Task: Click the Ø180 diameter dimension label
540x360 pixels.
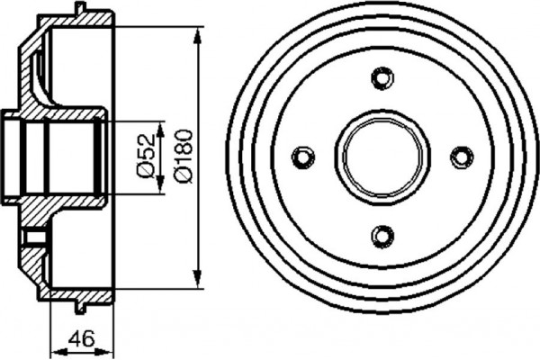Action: click(x=183, y=158)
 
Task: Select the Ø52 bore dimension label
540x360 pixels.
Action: click(x=144, y=157)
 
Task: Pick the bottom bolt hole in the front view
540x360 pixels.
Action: click(x=383, y=237)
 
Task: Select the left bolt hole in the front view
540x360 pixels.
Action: click(x=304, y=157)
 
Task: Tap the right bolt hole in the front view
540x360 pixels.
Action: click(x=462, y=157)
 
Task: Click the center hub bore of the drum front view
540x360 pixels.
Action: click(x=383, y=157)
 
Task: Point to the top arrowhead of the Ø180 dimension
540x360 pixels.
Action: click(x=196, y=34)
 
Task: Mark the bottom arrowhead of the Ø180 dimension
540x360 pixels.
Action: click(x=196, y=283)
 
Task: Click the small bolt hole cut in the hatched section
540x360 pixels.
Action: click(x=36, y=238)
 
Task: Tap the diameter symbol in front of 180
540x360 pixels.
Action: click(x=183, y=178)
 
